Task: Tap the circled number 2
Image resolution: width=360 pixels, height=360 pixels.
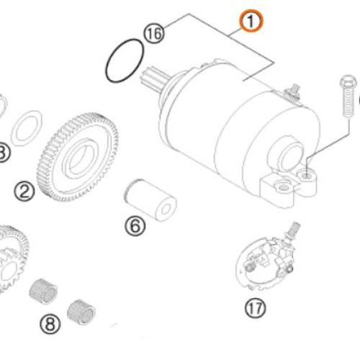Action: click(24, 191)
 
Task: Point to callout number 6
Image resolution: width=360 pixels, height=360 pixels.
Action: click(135, 227)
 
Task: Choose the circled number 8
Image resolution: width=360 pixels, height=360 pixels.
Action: click(49, 324)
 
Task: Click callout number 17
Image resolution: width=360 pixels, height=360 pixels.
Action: click(255, 309)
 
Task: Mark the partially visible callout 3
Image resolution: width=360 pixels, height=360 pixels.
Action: click(2, 152)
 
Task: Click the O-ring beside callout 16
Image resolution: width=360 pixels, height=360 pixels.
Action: click(123, 62)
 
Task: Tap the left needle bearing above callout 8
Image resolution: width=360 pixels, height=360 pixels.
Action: click(43, 292)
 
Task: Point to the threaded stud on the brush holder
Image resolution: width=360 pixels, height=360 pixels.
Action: click(293, 231)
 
